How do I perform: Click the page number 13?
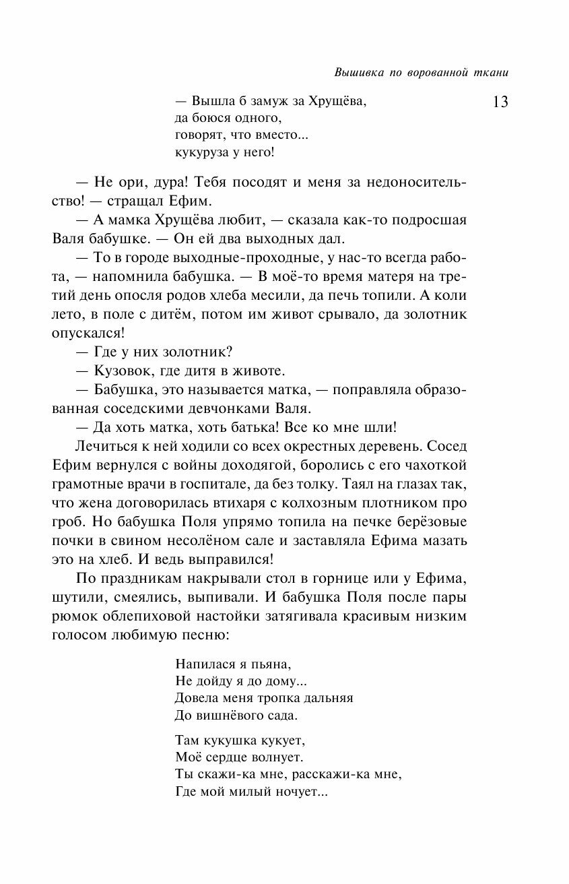500,102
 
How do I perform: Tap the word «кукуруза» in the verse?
201,152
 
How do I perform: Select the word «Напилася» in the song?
200,662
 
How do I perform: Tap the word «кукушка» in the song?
226,740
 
